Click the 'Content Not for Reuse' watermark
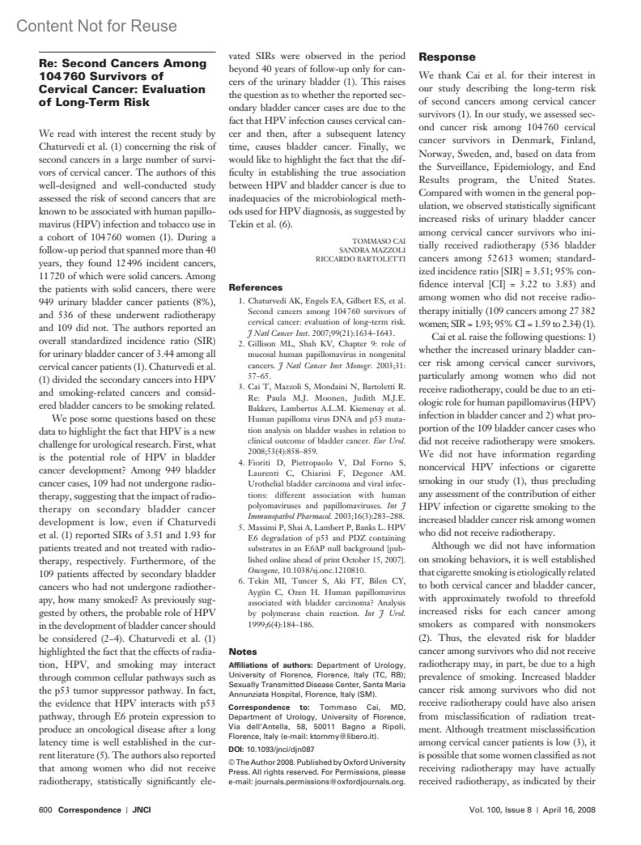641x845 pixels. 96,26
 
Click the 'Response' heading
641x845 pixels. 447,57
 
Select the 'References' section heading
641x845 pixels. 255,287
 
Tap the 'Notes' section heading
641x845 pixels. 243,652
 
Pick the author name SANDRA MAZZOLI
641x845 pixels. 372,250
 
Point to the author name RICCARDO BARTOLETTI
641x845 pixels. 361,259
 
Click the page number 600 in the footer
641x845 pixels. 45,810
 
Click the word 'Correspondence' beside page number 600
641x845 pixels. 89,810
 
